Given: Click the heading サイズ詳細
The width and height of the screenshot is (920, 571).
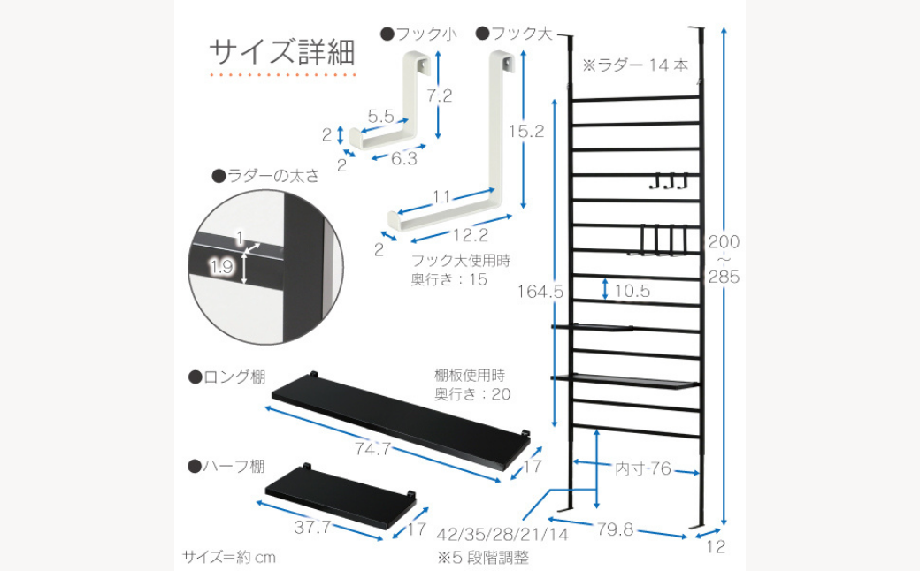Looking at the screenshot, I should tap(282, 51).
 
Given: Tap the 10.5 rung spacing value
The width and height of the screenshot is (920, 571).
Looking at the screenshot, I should tap(632, 291).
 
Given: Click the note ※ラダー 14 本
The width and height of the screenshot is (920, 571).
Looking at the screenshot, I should tap(635, 65).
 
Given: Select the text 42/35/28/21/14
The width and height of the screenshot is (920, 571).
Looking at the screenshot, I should tap(502, 535).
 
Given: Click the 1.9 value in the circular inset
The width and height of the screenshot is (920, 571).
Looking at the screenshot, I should tap(221, 264).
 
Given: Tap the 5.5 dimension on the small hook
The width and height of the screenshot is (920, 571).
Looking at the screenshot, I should tap(381, 116).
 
